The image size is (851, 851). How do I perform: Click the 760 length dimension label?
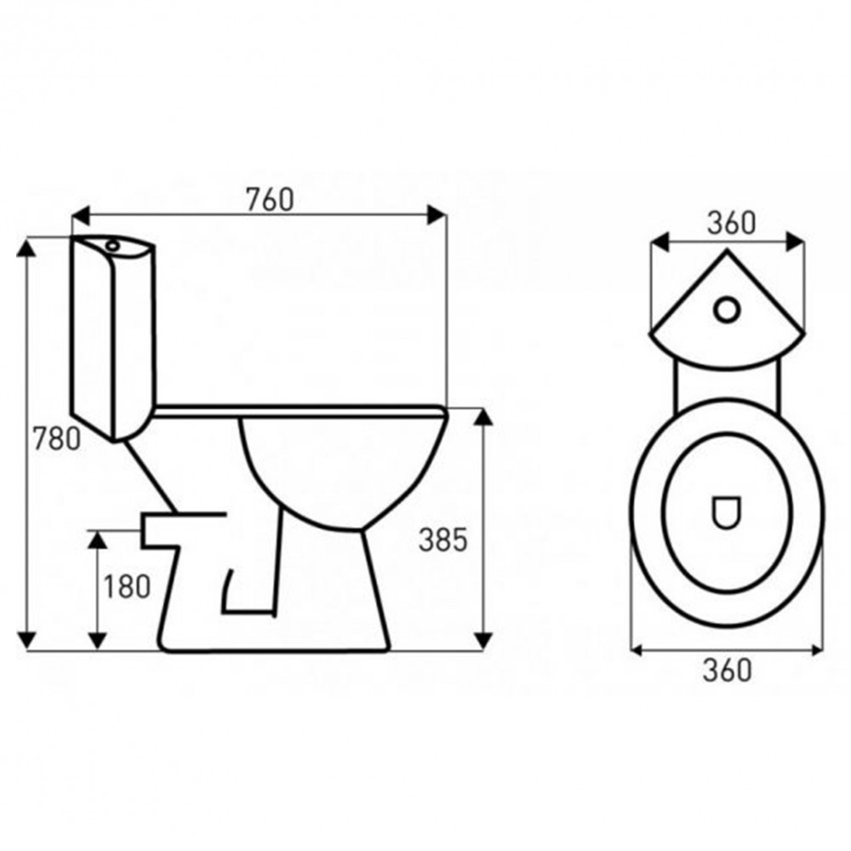click(x=269, y=198)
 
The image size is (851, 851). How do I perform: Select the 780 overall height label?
click(x=56, y=439)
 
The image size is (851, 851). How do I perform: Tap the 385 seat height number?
click(x=443, y=539)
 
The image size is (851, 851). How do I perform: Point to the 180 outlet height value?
click(x=127, y=585)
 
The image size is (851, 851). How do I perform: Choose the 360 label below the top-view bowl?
click(x=728, y=670)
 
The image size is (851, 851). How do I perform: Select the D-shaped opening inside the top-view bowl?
click(x=726, y=511)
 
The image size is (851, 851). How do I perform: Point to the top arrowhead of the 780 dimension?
click(x=29, y=248)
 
